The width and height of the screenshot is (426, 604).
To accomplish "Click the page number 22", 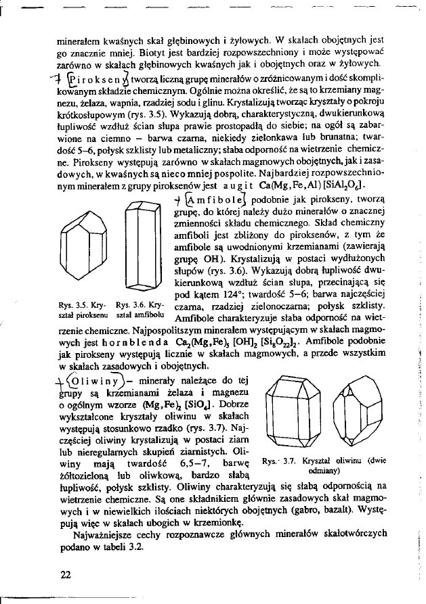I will (x=65, y=574).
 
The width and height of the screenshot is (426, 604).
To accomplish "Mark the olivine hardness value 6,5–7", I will (x=179, y=463).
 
